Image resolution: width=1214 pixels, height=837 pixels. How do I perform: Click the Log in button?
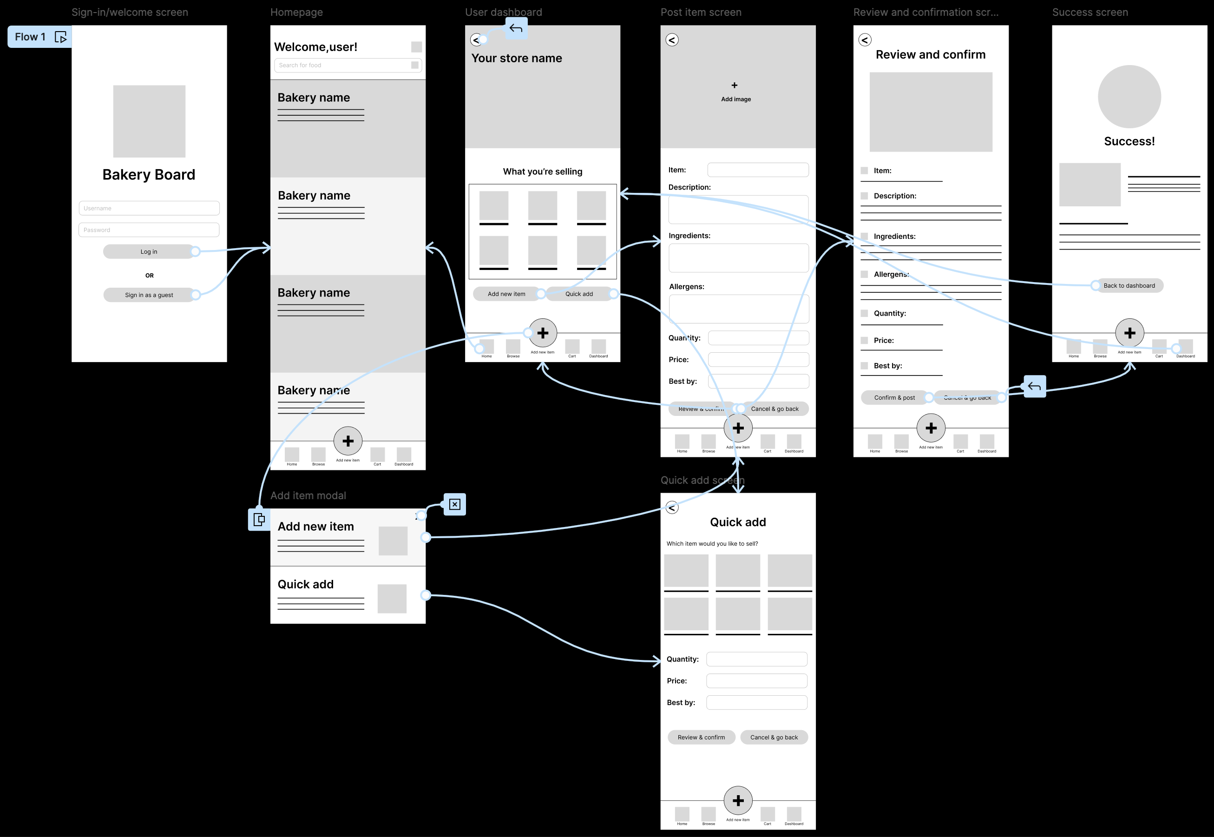pos(149,252)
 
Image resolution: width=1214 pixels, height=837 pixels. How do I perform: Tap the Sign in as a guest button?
pos(149,295)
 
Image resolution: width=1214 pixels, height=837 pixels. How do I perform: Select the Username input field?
pos(149,208)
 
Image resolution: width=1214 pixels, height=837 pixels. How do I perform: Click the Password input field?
pos(149,230)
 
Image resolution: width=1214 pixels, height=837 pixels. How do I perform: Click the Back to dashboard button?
pos(1129,285)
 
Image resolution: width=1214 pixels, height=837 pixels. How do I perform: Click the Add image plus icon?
pos(735,85)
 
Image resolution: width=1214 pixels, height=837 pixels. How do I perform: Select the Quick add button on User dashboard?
pos(579,294)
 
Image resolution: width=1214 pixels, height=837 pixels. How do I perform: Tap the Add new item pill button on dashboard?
pos(506,294)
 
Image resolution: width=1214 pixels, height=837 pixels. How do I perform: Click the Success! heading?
pos(1129,141)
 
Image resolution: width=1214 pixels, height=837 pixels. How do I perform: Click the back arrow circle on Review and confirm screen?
pos(865,40)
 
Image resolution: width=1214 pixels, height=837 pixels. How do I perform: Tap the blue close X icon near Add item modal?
pos(454,505)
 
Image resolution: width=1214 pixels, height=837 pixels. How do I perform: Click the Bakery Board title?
pos(149,175)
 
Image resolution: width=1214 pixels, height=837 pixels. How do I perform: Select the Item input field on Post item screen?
pos(757,170)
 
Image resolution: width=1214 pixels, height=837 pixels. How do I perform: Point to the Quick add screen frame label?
pos(702,480)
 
